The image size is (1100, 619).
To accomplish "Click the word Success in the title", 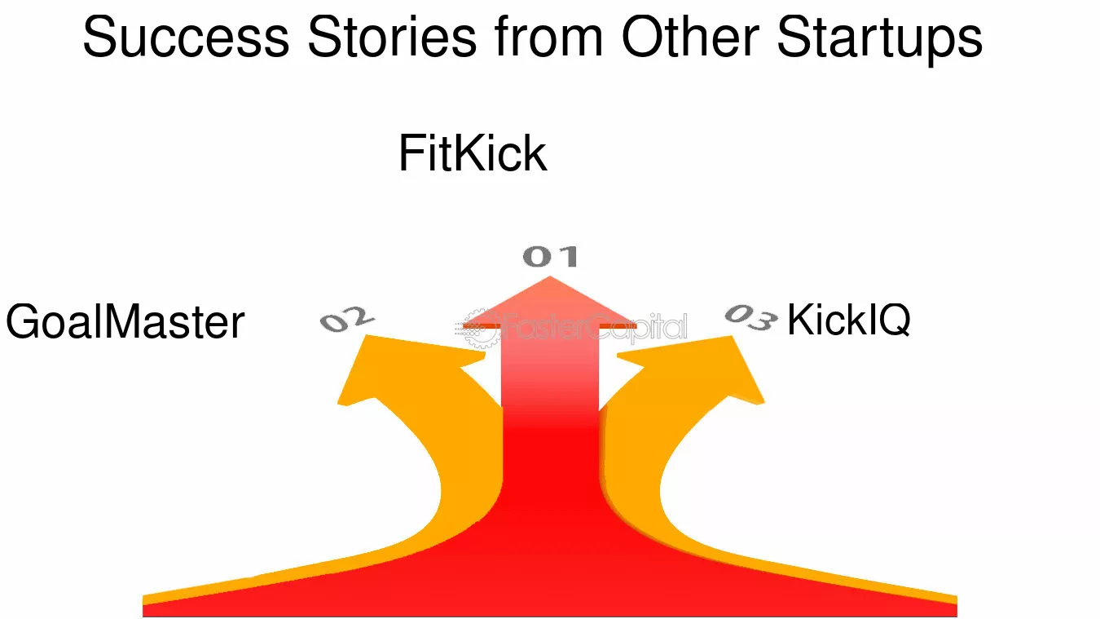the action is click(x=186, y=37).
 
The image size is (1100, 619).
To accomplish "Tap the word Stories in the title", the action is click(x=392, y=37).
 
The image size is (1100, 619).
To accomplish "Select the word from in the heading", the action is click(x=548, y=37).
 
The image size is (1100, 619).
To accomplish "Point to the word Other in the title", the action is click(x=690, y=37).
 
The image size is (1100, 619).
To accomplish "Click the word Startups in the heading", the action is click(x=879, y=38).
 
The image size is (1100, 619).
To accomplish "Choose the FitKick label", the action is click(x=473, y=153).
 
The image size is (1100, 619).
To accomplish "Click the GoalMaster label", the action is click(x=125, y=321).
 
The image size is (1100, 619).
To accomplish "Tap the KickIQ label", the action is click(x=848, y=320).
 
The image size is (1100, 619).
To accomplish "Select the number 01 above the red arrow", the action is click(x=550, y=256).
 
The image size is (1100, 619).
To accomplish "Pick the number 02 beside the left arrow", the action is click(x=347, y=319).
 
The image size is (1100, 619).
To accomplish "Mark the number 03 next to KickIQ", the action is click(x=750, y=317).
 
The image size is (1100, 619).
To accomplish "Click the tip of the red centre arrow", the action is click(x=549, y=276).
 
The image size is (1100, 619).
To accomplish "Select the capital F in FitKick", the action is click(x=411, y=153).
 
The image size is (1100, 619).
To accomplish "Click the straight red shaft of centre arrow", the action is click(x=550, y=418).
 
